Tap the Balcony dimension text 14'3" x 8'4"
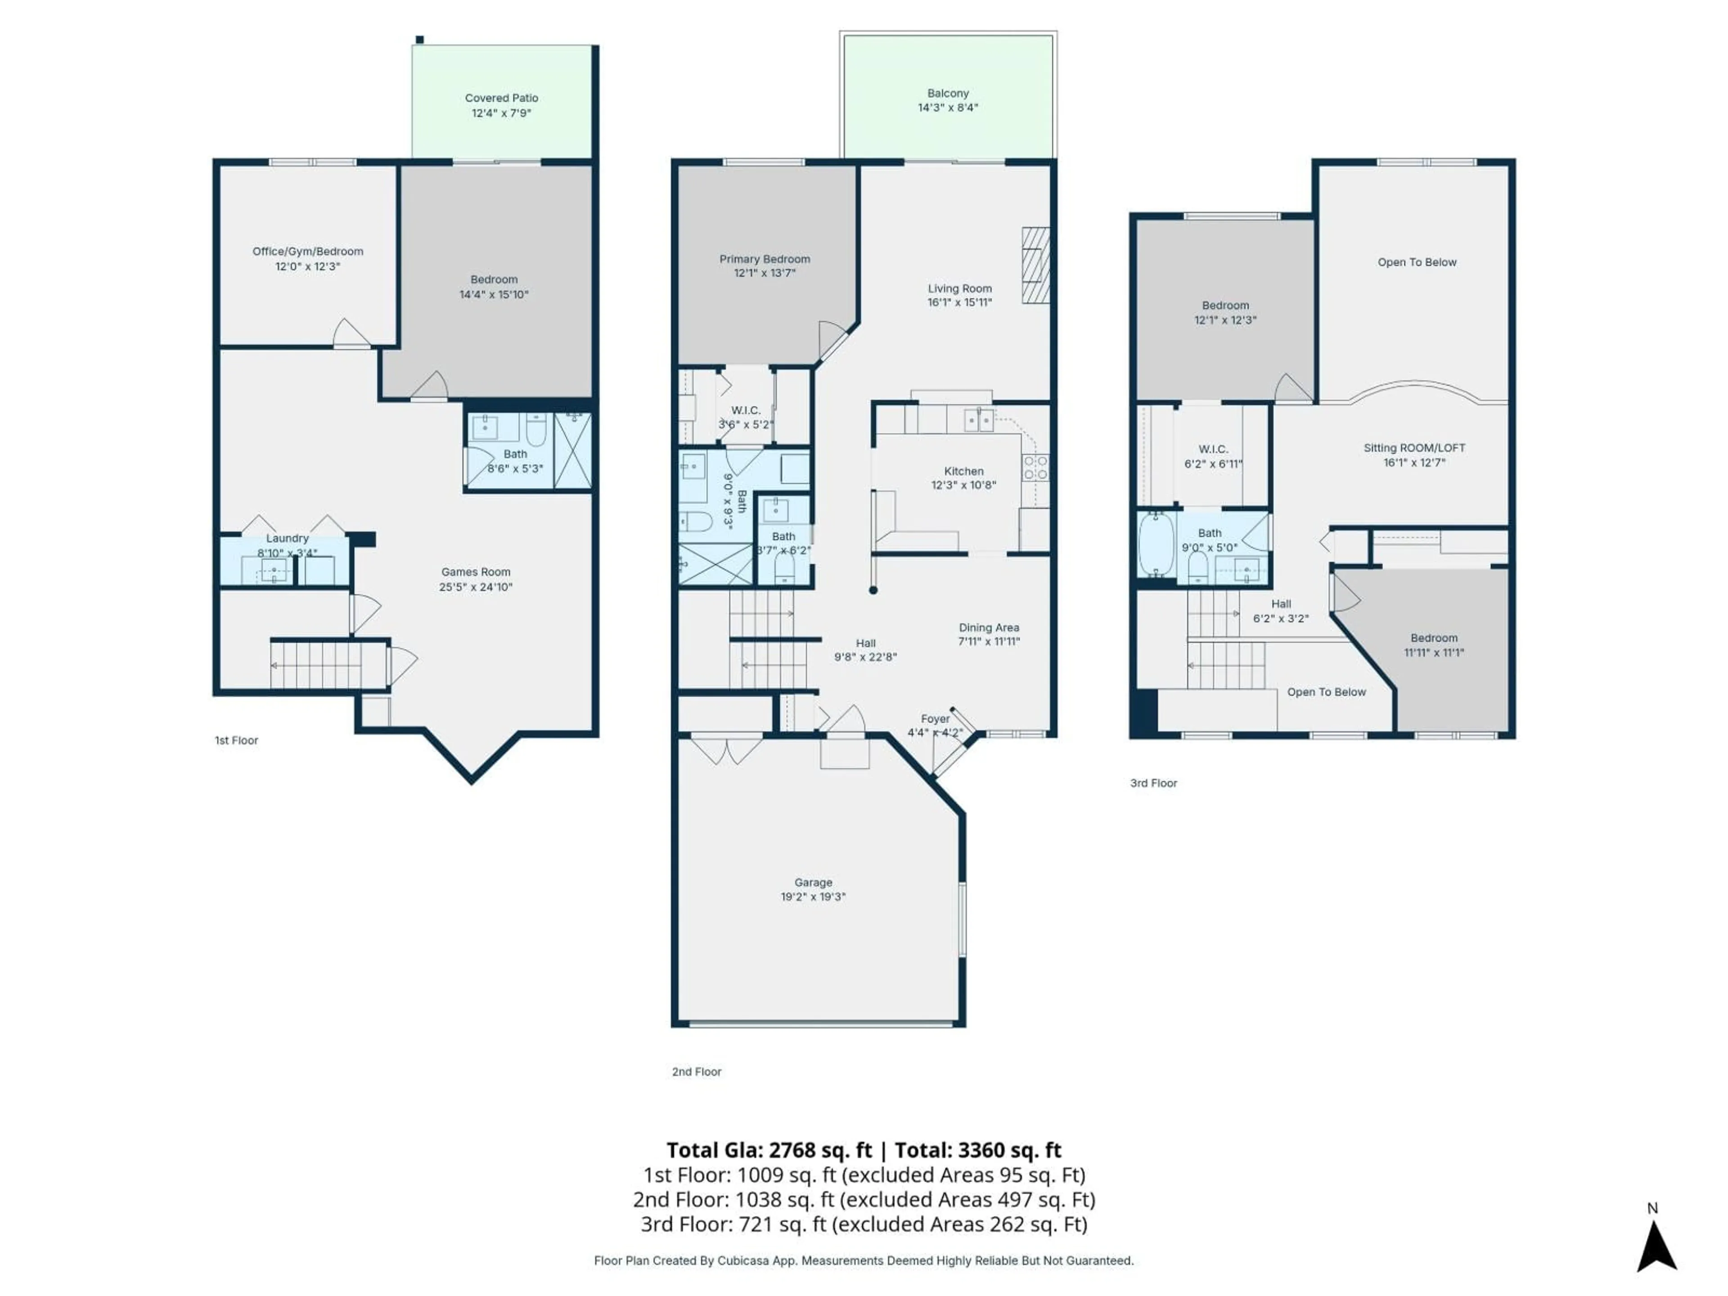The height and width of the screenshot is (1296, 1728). point(948,108)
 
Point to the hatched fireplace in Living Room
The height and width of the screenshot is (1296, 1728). point(1036,265)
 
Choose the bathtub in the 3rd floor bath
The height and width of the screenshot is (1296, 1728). point(1156,544)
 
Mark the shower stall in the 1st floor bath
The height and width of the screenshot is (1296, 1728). point(572,451)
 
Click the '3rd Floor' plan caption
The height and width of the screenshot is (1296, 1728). point(1153,783)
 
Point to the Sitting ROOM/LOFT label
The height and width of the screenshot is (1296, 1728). point(1414,448)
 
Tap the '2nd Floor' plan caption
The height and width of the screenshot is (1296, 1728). point(696,1072)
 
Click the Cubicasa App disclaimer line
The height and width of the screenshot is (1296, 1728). point(863,1260)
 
